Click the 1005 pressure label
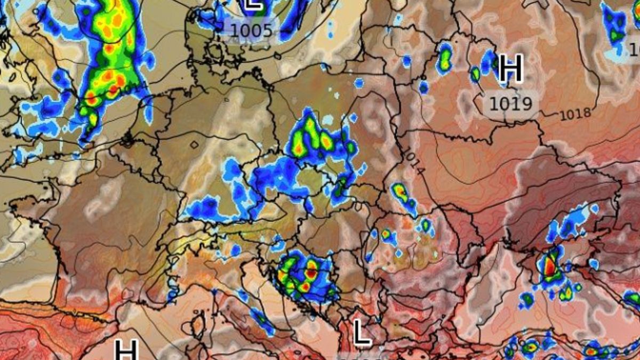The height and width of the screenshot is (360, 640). [251, 31]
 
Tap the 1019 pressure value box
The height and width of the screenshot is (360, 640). [510, 103]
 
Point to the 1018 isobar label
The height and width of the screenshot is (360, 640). [575, 113]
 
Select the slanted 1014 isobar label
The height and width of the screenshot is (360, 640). [412, 162]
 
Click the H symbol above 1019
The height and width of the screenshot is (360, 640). [510, 69]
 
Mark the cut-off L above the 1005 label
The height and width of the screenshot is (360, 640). [253, 4]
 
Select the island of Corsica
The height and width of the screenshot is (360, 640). [198, 324]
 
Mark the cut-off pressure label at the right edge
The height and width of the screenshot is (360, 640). [634, 50]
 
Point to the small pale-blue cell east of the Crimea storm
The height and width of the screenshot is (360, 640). [594, 265]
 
